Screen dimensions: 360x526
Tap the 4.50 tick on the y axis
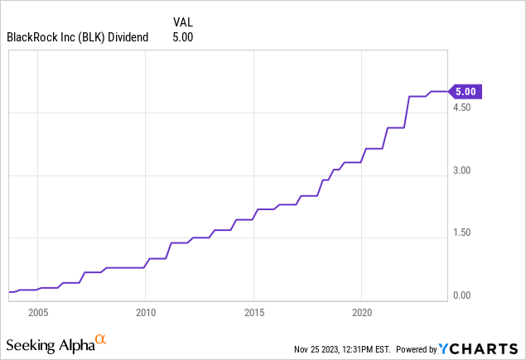pos(462,108)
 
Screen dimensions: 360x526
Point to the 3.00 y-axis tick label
pos(462,170)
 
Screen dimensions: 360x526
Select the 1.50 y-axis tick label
pos(462,233)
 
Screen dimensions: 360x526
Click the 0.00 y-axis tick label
pos(462,295)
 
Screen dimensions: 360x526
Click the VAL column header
pos(183,22)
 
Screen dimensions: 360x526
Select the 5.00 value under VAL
pos(182,36)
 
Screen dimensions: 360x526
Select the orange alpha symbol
pos(100,339)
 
